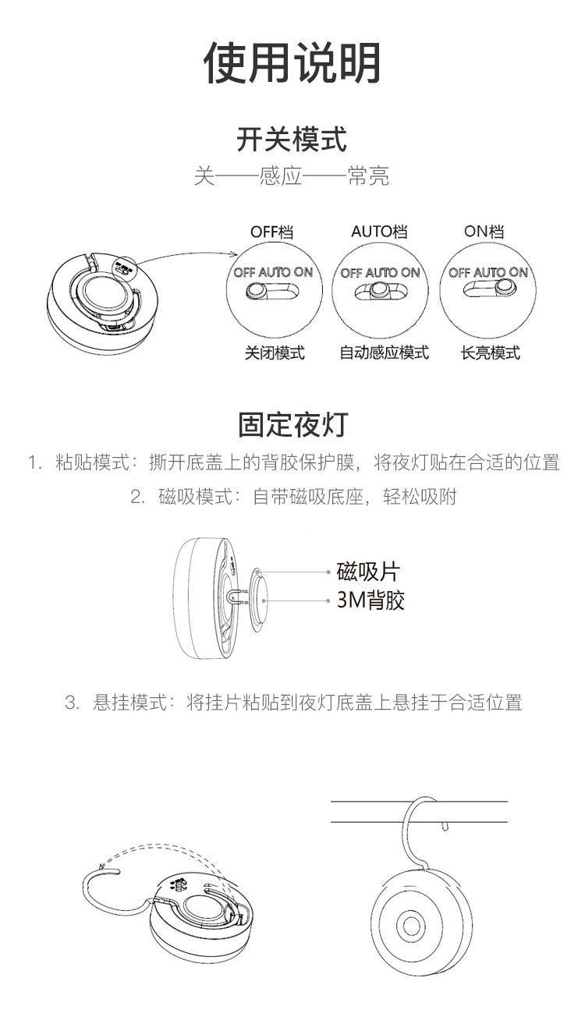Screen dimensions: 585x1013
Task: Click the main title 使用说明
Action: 292,63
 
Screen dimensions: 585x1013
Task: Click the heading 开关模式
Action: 292,140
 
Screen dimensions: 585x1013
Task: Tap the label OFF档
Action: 272,232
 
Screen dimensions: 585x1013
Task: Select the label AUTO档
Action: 379,232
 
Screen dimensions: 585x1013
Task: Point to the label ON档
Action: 484,231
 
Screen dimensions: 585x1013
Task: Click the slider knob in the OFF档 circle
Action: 257,291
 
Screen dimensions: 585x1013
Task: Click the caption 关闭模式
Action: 275,352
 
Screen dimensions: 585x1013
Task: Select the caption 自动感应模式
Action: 384,352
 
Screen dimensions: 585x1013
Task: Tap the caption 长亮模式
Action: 491,352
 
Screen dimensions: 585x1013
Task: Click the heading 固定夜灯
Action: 293,424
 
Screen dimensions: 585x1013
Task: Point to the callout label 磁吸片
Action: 368,572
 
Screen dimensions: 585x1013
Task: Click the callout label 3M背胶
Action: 370,600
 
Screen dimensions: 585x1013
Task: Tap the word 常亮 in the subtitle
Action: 368,176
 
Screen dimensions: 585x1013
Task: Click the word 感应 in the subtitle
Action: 281,176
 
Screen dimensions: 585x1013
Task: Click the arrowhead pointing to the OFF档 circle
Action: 234,254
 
